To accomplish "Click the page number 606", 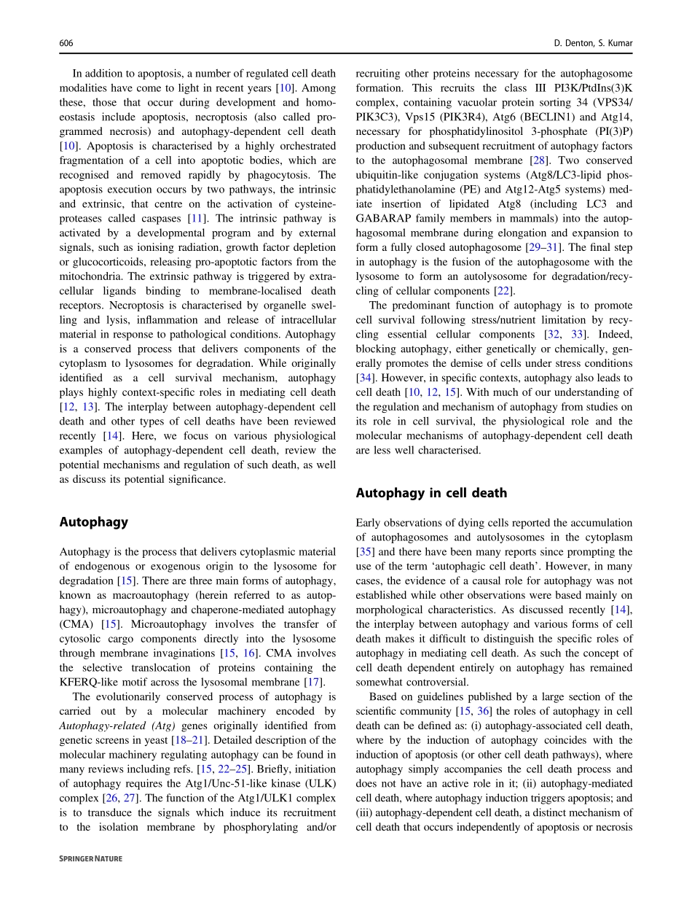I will (x=66, y=44).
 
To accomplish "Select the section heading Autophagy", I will (x=93, y=522).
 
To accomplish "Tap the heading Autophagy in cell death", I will (x=431, y=493).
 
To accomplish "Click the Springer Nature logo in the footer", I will (x=90, y=859).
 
